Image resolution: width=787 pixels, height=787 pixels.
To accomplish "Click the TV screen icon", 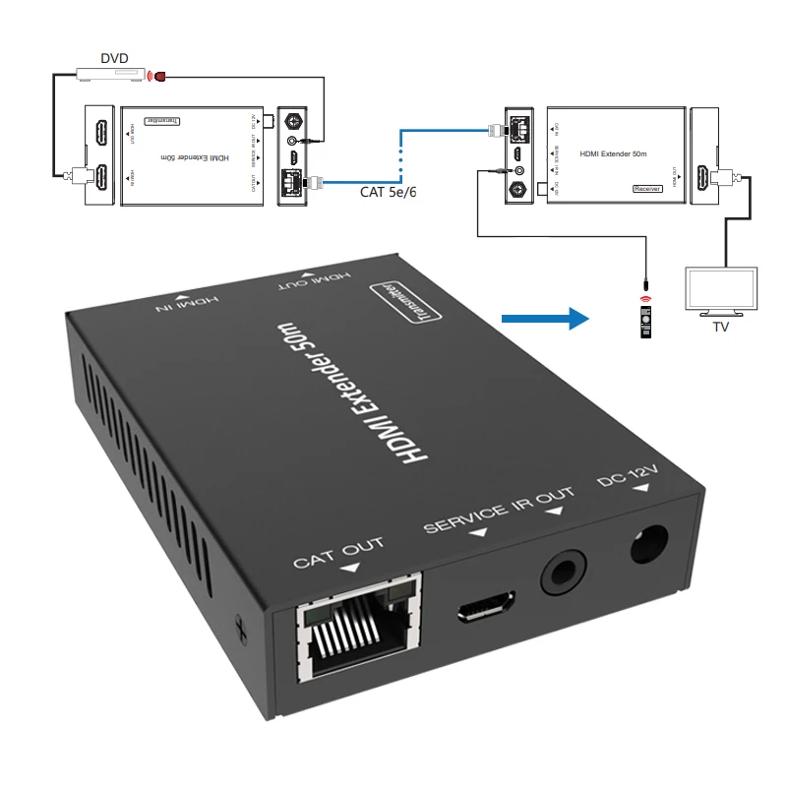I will (721, 291).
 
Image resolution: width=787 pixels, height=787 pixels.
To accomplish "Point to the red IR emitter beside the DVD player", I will (156, 74).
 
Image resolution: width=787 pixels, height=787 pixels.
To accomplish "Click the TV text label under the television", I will (721, 327).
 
